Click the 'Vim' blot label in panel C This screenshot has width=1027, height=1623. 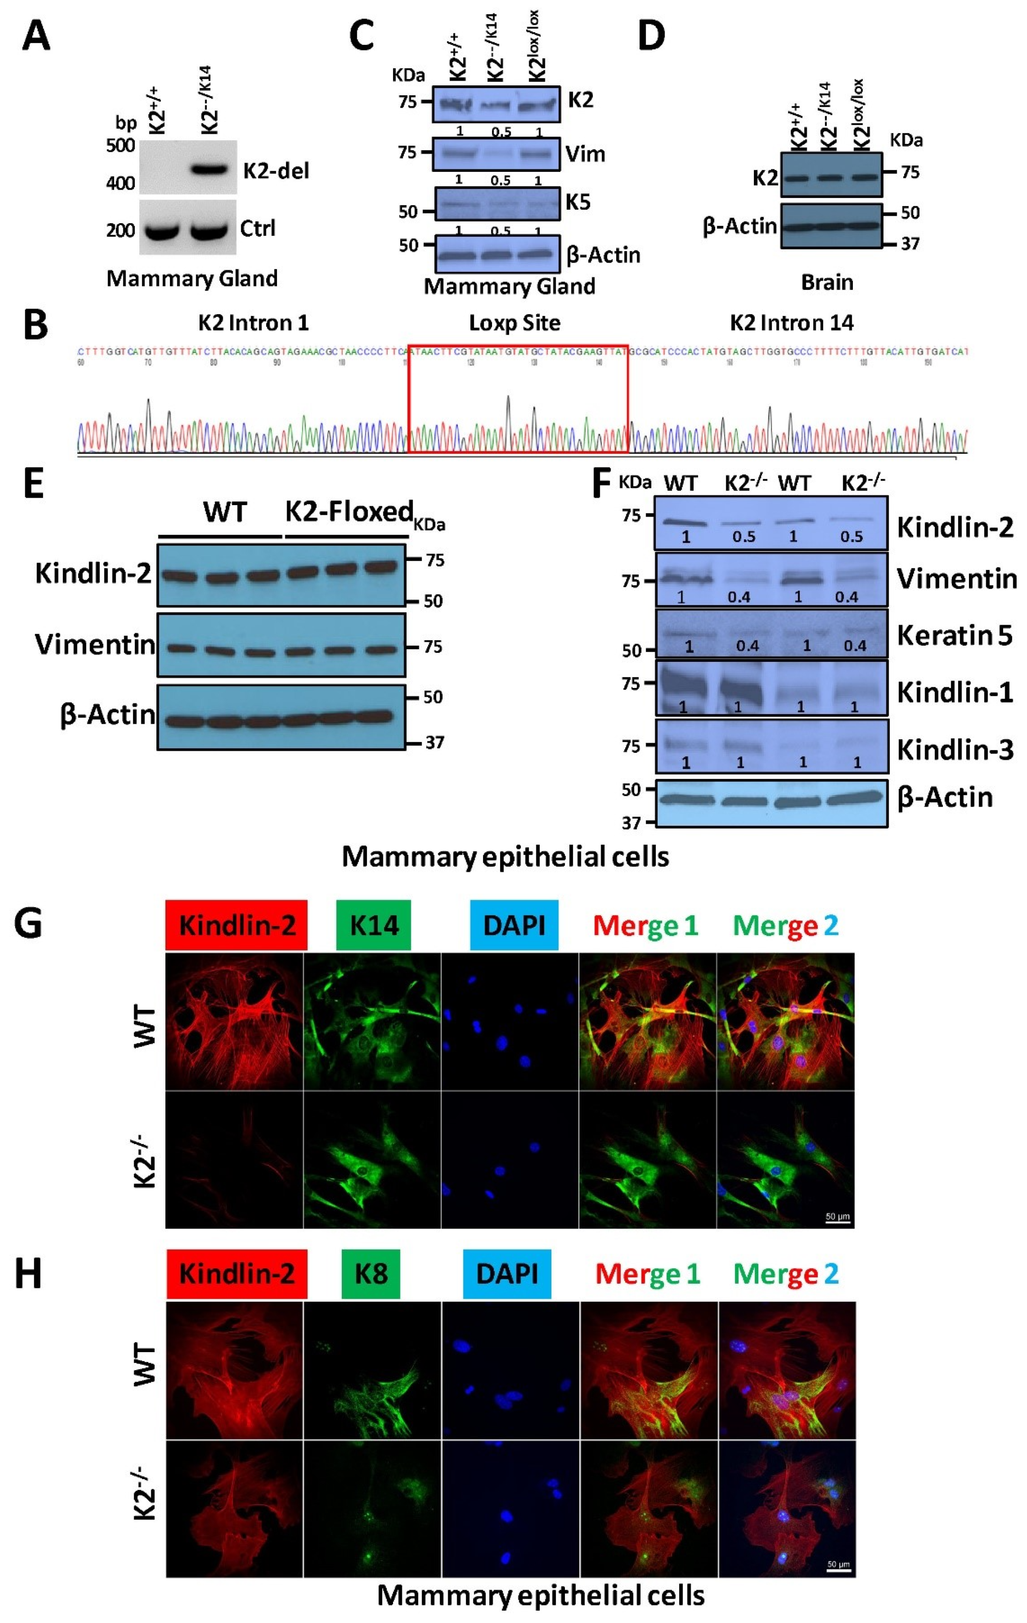point(585,154)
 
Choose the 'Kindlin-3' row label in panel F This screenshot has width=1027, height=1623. point(955,749)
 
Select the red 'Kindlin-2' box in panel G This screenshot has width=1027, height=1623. point(236,925)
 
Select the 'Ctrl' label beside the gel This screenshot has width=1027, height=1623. point(258,228)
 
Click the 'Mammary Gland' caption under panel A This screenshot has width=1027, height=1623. point(192,279)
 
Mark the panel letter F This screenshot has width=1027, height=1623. point(601,483)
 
